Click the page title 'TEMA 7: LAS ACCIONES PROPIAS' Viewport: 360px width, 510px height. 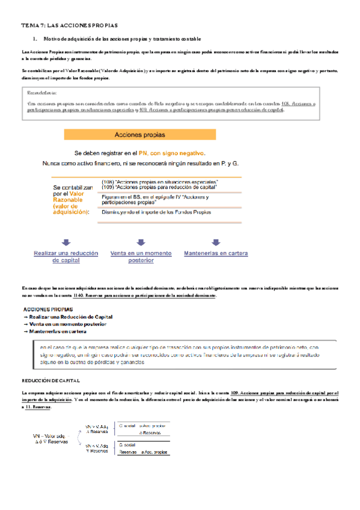tap(70, 26)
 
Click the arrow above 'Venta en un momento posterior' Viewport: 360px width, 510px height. tap(141, 242)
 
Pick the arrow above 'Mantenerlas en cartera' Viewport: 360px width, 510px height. tap(215, 242)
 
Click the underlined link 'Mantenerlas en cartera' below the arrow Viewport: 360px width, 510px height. tap(216, 253)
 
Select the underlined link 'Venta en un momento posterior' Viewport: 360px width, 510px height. tap(141, 257)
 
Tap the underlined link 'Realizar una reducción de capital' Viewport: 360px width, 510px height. tap(66, 257)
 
